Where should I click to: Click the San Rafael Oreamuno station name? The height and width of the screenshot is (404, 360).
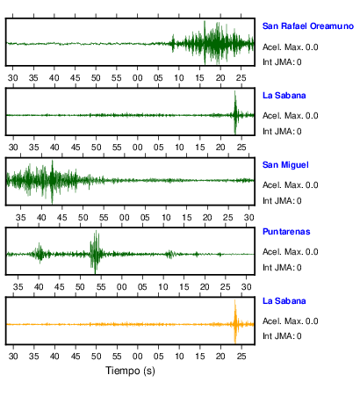[308, 26]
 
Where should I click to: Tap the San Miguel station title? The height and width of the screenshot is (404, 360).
[285, 165]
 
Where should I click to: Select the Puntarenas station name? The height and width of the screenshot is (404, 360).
[286, 232]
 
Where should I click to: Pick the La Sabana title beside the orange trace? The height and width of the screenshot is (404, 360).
[284, 301]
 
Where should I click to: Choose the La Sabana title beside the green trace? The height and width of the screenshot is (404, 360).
[284, 96]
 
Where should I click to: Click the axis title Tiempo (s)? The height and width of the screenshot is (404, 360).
[130, 371]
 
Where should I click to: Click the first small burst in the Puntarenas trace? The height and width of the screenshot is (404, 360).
[40, 253]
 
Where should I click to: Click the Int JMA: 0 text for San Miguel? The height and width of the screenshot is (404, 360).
[282, 201]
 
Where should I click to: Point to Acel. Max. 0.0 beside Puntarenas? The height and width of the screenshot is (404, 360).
[290, 252]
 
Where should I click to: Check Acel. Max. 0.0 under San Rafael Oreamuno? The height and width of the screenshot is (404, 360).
[290, 47]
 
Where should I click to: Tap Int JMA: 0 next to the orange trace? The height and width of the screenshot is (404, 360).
[282, 335]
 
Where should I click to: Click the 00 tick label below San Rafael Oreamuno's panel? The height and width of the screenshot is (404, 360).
[137, 78]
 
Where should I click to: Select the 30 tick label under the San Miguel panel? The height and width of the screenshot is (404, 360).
[248, 218]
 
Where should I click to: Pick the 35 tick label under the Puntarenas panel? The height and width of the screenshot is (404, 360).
[18, 286]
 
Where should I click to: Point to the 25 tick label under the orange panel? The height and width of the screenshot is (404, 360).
[241, 357]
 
